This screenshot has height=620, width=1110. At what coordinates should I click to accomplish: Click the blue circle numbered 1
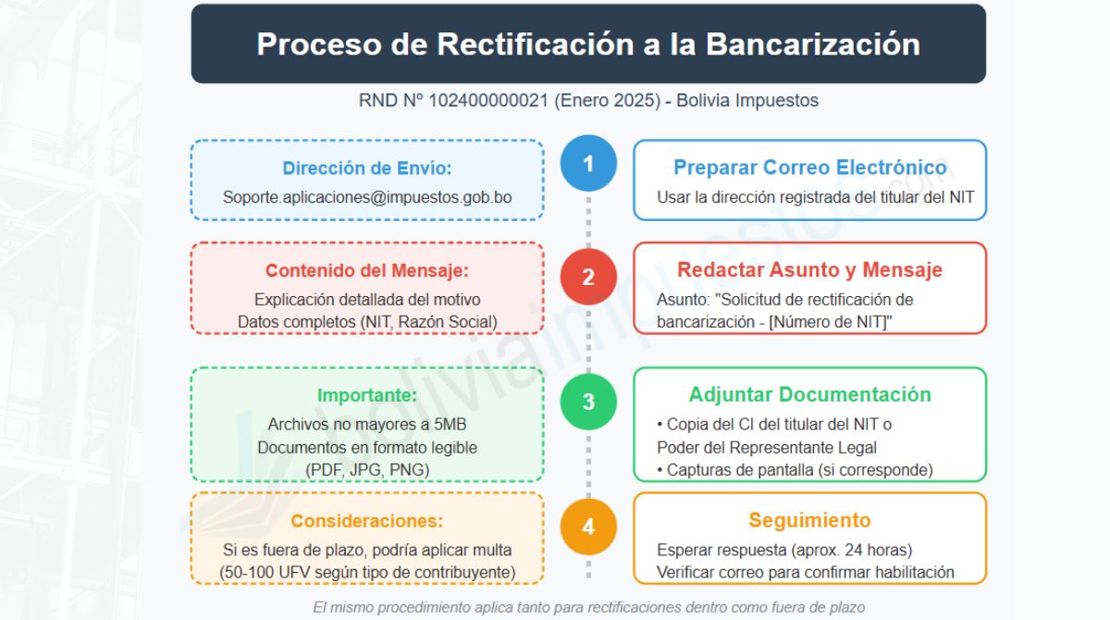click(x=588, y=164)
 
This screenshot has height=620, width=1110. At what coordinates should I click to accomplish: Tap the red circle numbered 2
click(x=588, y=277)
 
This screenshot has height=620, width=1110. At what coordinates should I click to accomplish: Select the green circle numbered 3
click(x=588, y=402)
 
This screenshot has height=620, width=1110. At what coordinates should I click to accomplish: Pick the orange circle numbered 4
click(x=588, y=527)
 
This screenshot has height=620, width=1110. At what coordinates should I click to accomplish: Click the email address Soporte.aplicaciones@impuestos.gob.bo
click(x=367, y=197)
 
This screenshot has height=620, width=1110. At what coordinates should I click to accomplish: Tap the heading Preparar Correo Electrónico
click(x=809, y=167)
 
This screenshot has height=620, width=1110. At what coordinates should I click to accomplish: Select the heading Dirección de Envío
click(x=367, y=168)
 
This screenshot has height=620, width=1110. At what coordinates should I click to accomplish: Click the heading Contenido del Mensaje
click(x=367, y=271)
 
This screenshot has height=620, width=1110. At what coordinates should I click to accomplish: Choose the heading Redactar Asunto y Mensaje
click(x=809, y=270)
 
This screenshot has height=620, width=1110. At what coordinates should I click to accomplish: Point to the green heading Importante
click(x=367, y=395)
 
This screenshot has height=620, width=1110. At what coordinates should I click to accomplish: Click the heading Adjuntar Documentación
click(x=809, y=394)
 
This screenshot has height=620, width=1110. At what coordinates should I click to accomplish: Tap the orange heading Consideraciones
click(x=367, y=520)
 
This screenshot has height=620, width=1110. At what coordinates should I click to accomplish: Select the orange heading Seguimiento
click(x=809, y=520)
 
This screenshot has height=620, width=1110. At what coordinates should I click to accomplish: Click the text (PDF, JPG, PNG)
click(x=367, y=469)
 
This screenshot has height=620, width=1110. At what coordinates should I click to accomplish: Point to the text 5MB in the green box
click(x=448, y=425)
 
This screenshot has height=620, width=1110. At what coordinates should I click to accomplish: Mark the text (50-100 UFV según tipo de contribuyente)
click(x=367, y=572)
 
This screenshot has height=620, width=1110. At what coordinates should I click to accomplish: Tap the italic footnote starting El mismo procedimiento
click(x=588, y=607)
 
